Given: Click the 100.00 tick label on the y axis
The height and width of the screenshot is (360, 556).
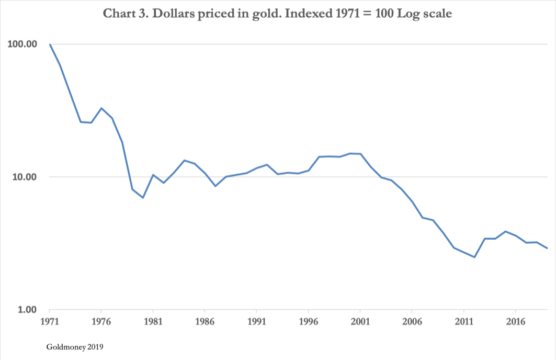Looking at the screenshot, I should click(22, 44).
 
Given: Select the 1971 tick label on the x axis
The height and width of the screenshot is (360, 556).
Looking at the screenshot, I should click(50, 320).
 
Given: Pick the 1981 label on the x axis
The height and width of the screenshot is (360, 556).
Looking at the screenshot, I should click(153, 320).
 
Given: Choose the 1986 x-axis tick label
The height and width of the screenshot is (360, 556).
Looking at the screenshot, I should click(205, 320).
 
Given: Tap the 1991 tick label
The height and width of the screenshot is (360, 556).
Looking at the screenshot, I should click(257, 320).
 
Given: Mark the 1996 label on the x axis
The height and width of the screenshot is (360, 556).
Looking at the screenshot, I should click(309, 320).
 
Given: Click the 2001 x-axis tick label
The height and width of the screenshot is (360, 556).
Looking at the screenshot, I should click(360, 320).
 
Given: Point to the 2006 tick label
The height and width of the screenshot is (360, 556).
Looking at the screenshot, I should click(412, 320).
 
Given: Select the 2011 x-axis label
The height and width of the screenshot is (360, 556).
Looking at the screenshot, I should click(464, 320).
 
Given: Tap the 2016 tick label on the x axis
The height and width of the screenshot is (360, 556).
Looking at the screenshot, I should click(516, 320).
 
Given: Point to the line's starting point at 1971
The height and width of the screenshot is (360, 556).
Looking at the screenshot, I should click(50, 44).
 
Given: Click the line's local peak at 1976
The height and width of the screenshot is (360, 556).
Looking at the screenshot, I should click(101, 108).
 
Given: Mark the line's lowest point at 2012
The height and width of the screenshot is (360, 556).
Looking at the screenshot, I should click(474, 257).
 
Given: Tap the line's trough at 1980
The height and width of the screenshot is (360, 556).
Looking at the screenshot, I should click(143, 198).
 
